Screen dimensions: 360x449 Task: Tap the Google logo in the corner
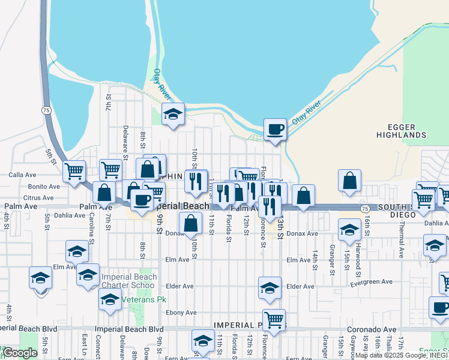tap(20, 353)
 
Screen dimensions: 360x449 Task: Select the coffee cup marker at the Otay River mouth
tap(276, 129)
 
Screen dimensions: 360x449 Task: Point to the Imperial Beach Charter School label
tap(129, 281)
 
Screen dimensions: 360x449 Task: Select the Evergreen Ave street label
tap(372, 281)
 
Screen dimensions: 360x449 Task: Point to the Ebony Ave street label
tap(182, 313)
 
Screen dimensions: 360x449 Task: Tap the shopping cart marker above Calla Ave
tap(74, 170)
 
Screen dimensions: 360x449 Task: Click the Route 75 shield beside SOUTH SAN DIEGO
tap(365, 207)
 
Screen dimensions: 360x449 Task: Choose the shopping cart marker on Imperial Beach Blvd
tap(274, 319)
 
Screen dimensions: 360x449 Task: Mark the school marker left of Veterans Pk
tap(110, 300)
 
